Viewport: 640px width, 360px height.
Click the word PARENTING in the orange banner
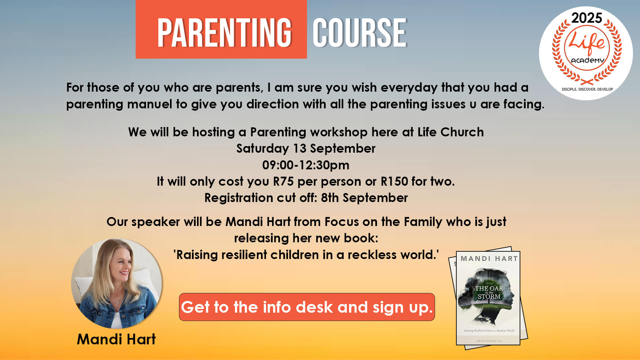(224, 32)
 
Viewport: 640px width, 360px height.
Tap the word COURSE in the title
(360, 32)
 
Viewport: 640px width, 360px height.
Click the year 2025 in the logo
(587, 18)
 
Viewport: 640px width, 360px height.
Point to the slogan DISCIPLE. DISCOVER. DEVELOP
(587, 89)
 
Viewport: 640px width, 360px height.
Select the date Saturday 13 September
(306, 149)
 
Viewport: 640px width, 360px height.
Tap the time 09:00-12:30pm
(306, 165)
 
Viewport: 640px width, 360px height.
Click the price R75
(283, 182)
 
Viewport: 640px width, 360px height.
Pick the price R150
(394, 182)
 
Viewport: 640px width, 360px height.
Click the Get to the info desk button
(307, 307)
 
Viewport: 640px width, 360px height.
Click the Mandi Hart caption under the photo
(116, 339)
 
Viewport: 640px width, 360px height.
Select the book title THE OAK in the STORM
(489, 292)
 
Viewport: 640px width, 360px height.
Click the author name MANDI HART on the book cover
(489, 259)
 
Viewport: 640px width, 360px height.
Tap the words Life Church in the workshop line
(451, 132)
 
